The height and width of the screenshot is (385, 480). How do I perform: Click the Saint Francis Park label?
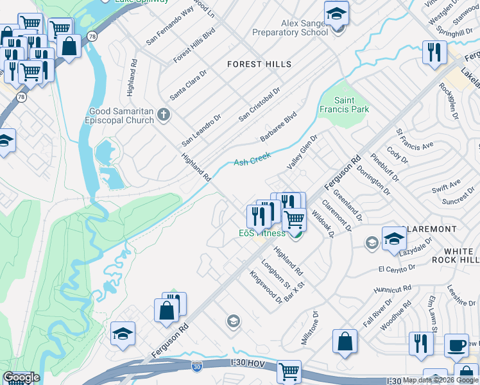click(352, 105)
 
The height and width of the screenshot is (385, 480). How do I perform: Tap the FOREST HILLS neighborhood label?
click(259, 64)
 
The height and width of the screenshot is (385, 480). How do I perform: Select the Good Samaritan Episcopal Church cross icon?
click(164, 115)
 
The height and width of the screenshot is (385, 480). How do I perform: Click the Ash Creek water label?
click(252, 158)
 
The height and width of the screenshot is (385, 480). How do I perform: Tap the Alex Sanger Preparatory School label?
click(290, 28)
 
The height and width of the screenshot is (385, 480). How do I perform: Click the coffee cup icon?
click(457, 345)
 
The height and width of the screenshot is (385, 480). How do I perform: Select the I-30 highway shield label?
click(198, 366)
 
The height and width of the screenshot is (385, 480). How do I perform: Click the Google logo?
click(21, 377)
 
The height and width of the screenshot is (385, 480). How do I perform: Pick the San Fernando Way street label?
click(169, 26)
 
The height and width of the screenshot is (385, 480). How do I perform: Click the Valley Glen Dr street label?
click(302, 151)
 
